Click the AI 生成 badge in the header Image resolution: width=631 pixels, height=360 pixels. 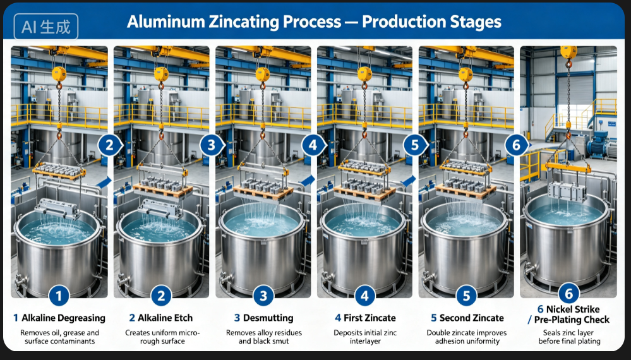pyautogui.click(x=46, y=27)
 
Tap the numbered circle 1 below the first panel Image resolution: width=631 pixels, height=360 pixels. pyautogui.click(x=59, y=296)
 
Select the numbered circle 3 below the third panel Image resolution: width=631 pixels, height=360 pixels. pyautogui.click(x=263, y=296)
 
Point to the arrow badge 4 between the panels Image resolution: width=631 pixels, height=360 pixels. pyautogui.click(x=314, y=145)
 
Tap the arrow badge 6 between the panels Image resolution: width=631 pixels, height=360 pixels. pyautogui.click(x=517, y=145)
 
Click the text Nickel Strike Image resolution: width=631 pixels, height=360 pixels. pyautogui.click(x=573, y=309)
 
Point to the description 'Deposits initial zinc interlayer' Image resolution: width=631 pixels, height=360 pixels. pyautogui.click(x=365, y=337)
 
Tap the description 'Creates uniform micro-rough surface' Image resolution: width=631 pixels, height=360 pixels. pyautogui.click(x=162, y=337)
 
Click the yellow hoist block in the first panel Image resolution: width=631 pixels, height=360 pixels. pyautogui.click(x=59, y=75)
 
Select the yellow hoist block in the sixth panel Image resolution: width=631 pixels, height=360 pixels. pyautogui.click(x=568, y=52)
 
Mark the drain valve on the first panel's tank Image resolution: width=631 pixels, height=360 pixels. pyautogui.click(x=20, y=279)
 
